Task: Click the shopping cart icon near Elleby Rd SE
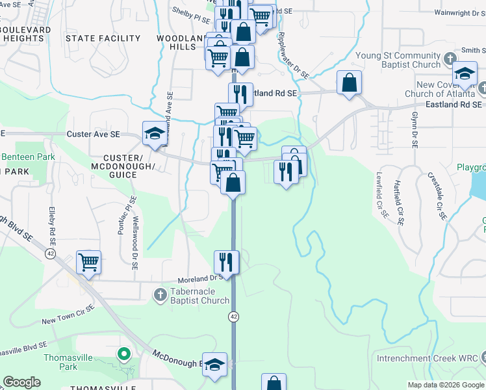click(89, 263)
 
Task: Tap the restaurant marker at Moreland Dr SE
click(227, 263)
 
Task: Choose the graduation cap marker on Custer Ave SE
click(154, 134)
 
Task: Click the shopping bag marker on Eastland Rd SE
click(350, 83)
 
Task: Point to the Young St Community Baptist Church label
click(398, 60)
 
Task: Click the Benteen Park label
click(28, 157)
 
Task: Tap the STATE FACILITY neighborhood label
click(103, 38)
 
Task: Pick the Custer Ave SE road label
click(94, 134)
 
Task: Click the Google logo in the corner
click(21, 382)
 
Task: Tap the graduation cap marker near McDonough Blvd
click(215, 366)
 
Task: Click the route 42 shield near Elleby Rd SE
click(50, 253)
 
